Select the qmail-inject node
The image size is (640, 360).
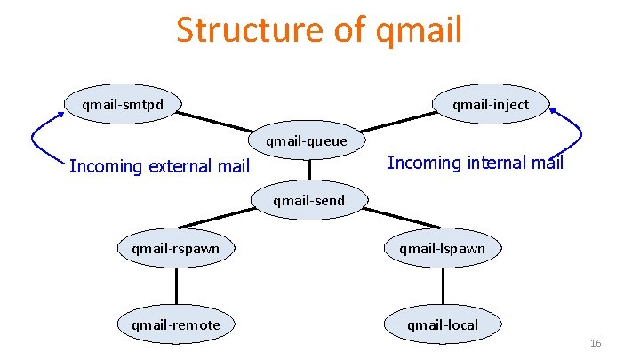pos(490,105)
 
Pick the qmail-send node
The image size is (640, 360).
pos(308,200)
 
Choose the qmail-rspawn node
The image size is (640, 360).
pos(175,248)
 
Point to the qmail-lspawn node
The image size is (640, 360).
pos(442,248)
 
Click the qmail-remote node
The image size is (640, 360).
pos(175,324)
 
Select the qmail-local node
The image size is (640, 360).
pos(442,324)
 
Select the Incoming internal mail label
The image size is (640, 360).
pos(476,163)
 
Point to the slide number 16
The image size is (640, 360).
pos(596,343)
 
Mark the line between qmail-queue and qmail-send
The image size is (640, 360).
pos(309,170)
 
